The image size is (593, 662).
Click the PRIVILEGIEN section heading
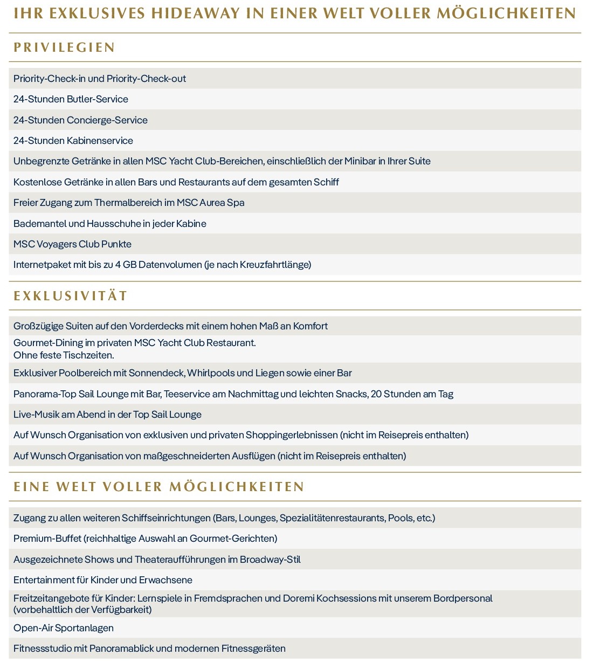point(64,47)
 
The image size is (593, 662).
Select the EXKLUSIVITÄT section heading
point(71,296)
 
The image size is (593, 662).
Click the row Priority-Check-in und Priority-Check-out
point(100,79)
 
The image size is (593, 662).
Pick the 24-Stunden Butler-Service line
point(71,99)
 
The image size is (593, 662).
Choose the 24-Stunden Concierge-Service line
point(80,120)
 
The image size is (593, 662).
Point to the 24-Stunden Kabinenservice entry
point(73,141)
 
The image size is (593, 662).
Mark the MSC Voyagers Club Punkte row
point(72,244)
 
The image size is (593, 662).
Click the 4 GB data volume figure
point(126,265)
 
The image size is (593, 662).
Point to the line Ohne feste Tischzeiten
point(64,355)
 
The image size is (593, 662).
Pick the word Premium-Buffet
point(47,539)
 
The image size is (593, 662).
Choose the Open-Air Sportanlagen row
point(64,628)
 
